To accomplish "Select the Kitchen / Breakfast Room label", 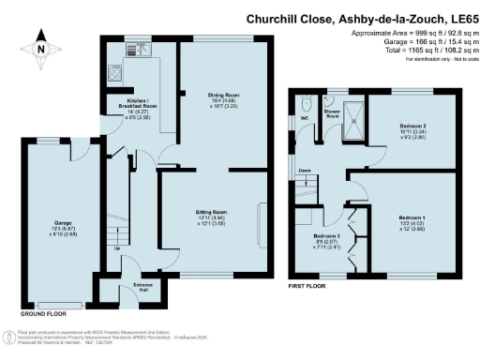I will click(x=129, y=106).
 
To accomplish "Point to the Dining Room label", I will click(x=212, y=94).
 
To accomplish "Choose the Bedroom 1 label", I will click(x=412, y=217).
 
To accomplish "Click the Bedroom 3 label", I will click(x=323, y=235).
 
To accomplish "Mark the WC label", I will click(x=305, y=119).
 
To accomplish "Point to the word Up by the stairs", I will click(x=116, y=248).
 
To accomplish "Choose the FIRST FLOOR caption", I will click(x=309, y=283).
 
